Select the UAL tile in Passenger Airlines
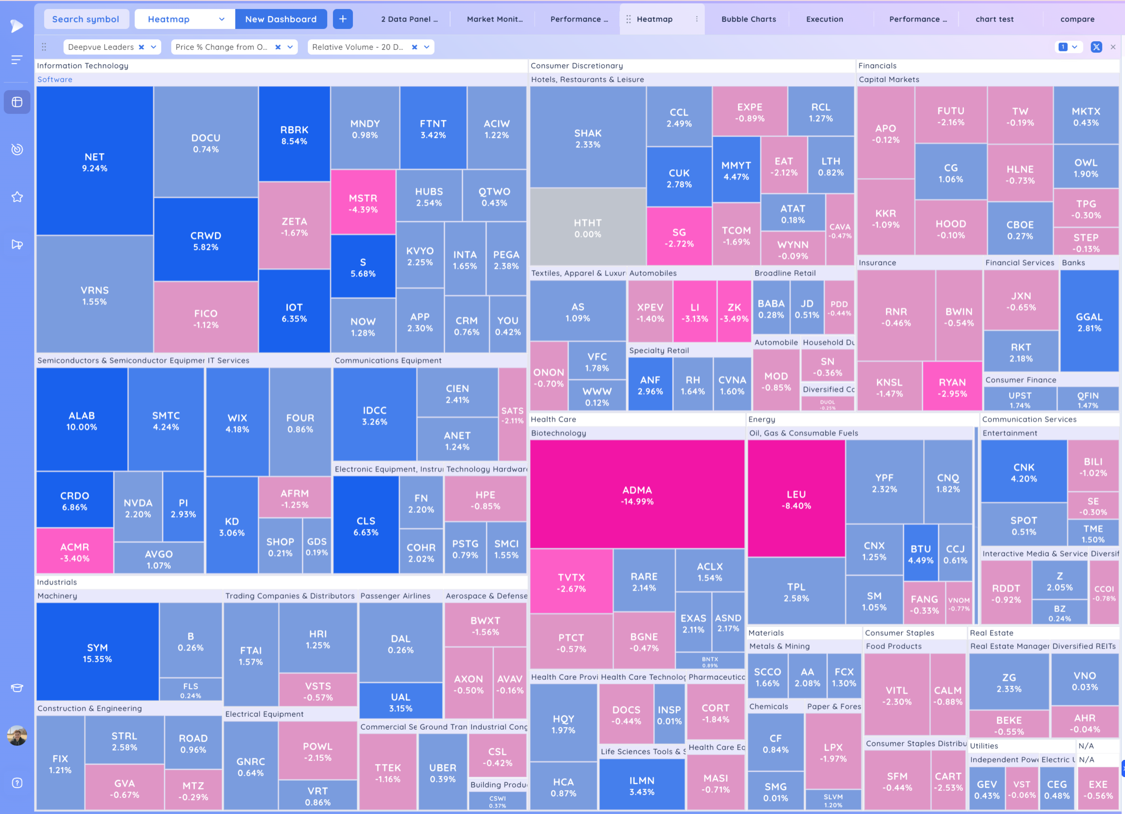(400, 702)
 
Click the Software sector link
(55, 79)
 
